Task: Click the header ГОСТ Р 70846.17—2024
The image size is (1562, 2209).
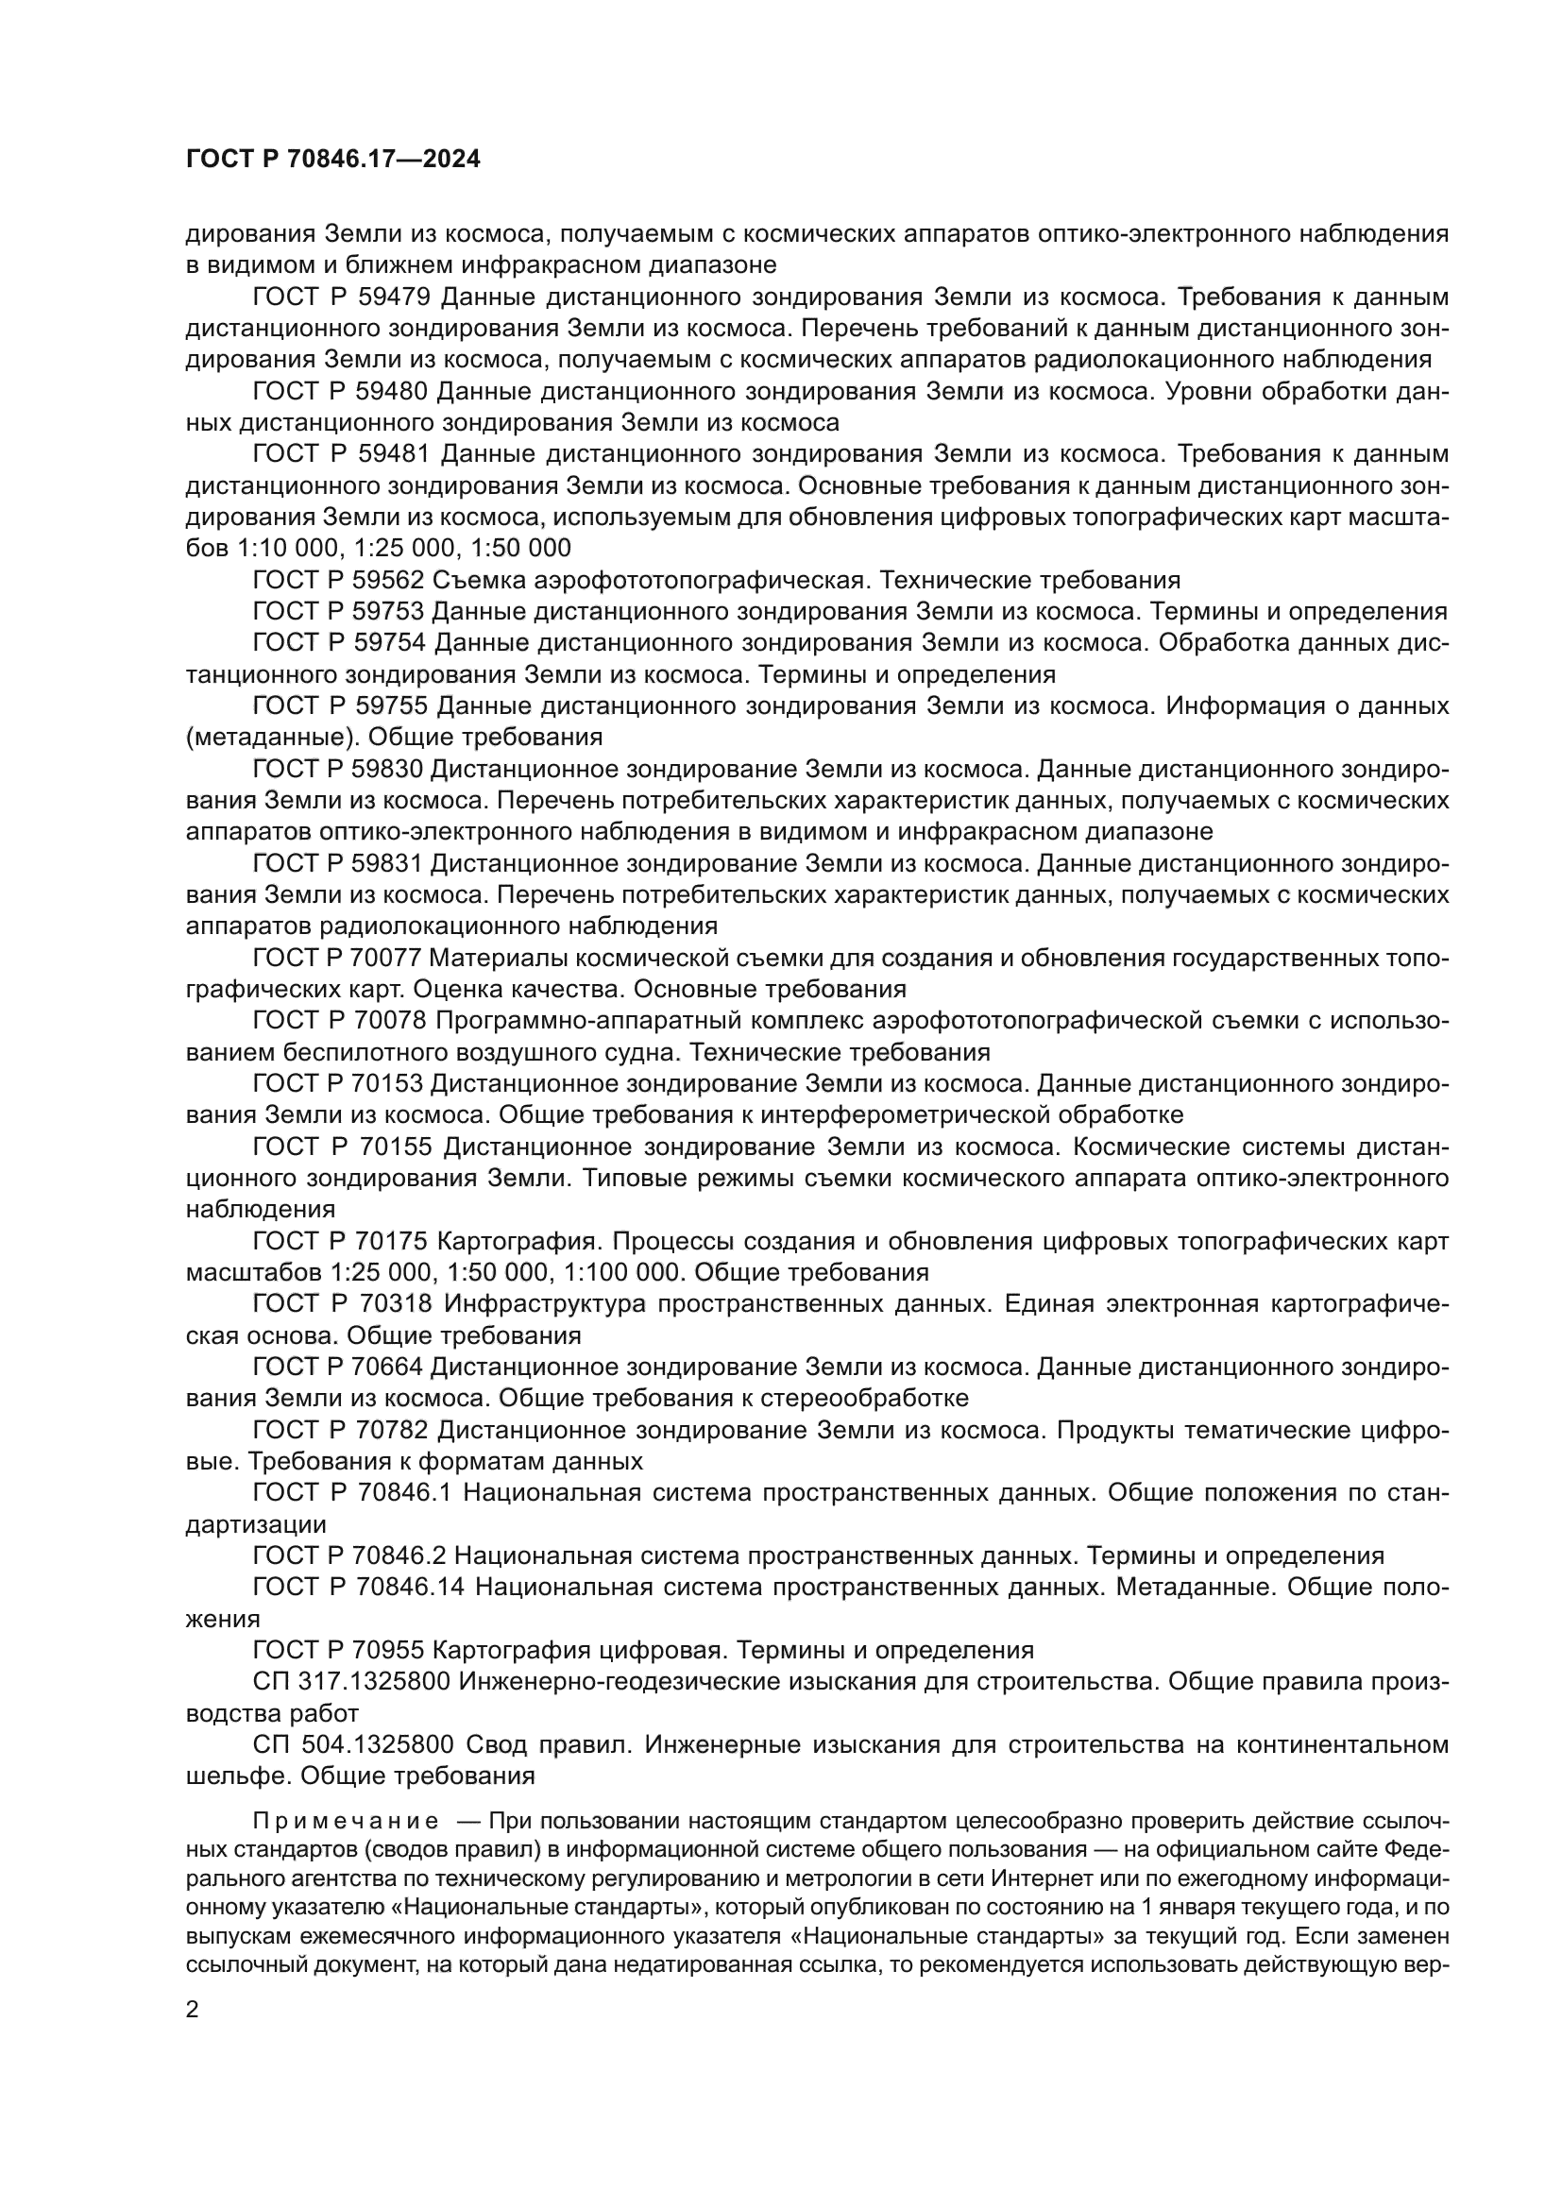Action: [331, 160]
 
